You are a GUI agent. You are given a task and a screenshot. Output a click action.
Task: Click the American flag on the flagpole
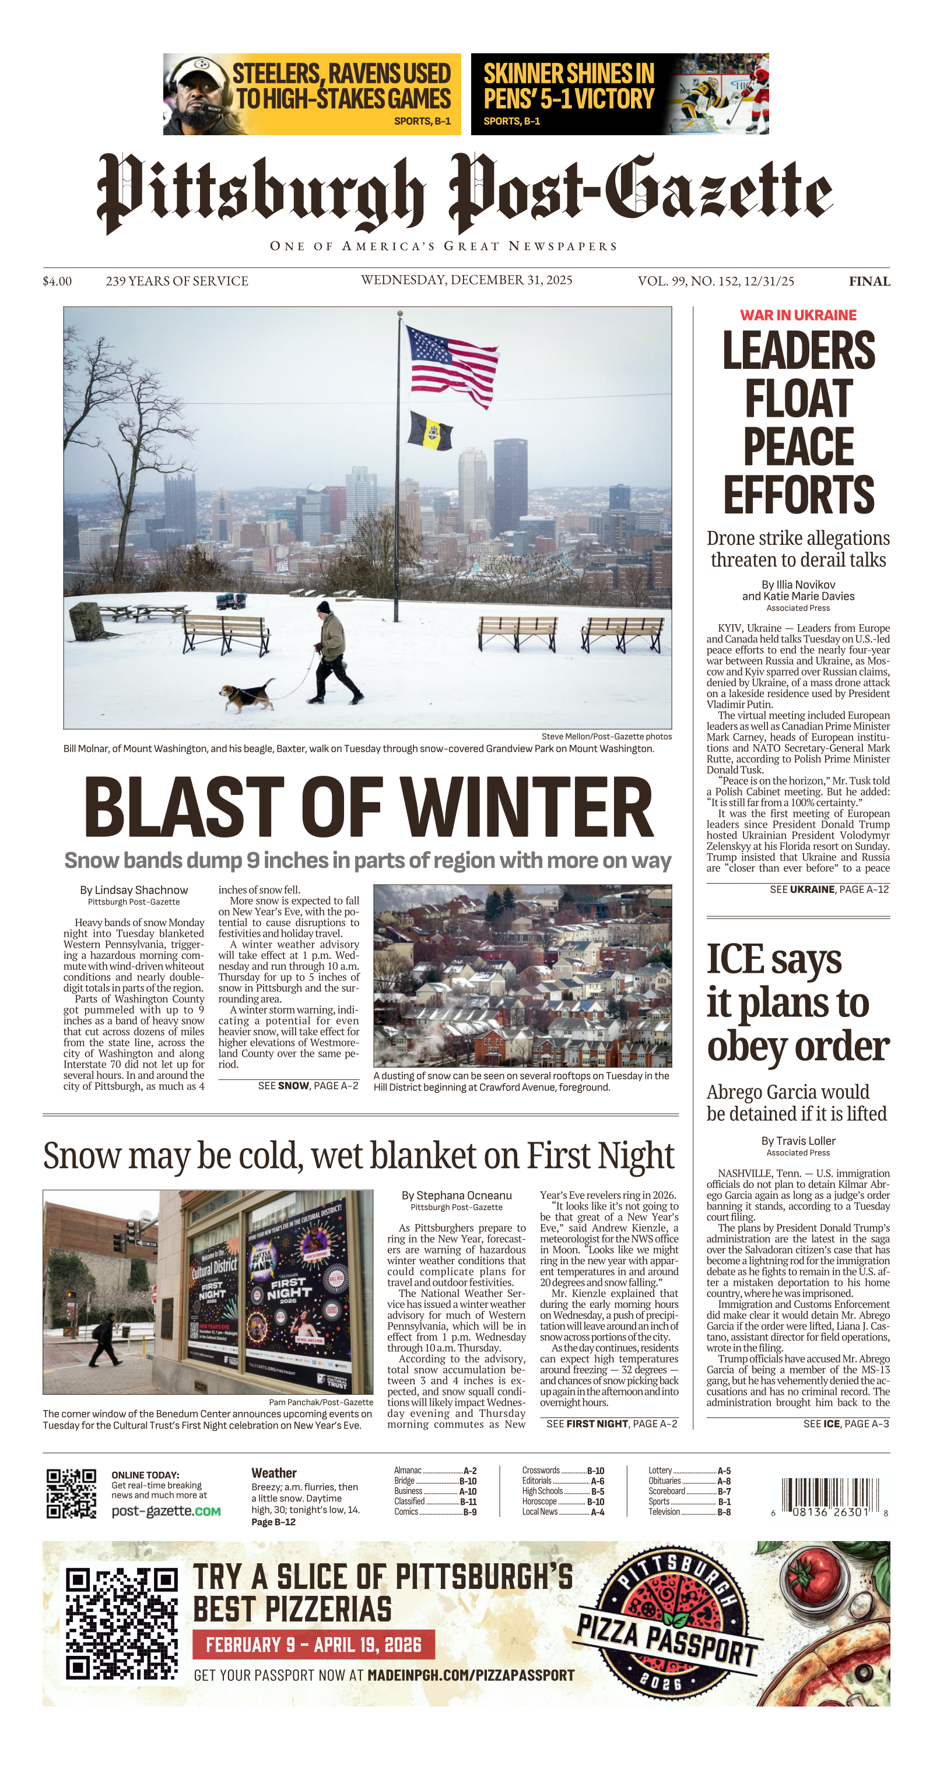453,366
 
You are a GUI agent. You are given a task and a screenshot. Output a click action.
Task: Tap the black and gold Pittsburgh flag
429,430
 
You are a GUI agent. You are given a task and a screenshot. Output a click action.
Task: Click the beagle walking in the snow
246,694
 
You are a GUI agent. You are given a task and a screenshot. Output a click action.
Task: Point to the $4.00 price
57,282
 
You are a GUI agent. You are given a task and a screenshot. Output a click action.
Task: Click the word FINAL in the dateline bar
869,282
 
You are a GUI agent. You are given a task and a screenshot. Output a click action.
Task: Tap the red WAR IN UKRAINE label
798,315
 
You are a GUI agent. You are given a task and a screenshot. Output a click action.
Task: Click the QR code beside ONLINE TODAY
71,1494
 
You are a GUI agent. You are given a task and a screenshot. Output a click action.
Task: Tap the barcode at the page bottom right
829,1496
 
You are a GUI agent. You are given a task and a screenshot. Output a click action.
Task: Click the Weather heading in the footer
273,1473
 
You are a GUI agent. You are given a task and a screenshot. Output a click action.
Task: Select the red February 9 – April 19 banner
313,1645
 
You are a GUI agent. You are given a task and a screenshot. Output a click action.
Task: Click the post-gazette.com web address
166,1511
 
